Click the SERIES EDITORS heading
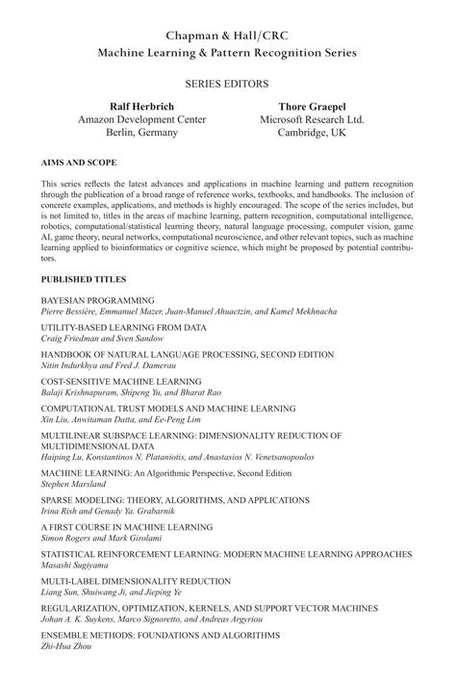227,85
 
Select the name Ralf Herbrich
128,106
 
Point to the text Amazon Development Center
128,119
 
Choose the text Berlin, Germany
128,133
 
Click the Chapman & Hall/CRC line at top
227,35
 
